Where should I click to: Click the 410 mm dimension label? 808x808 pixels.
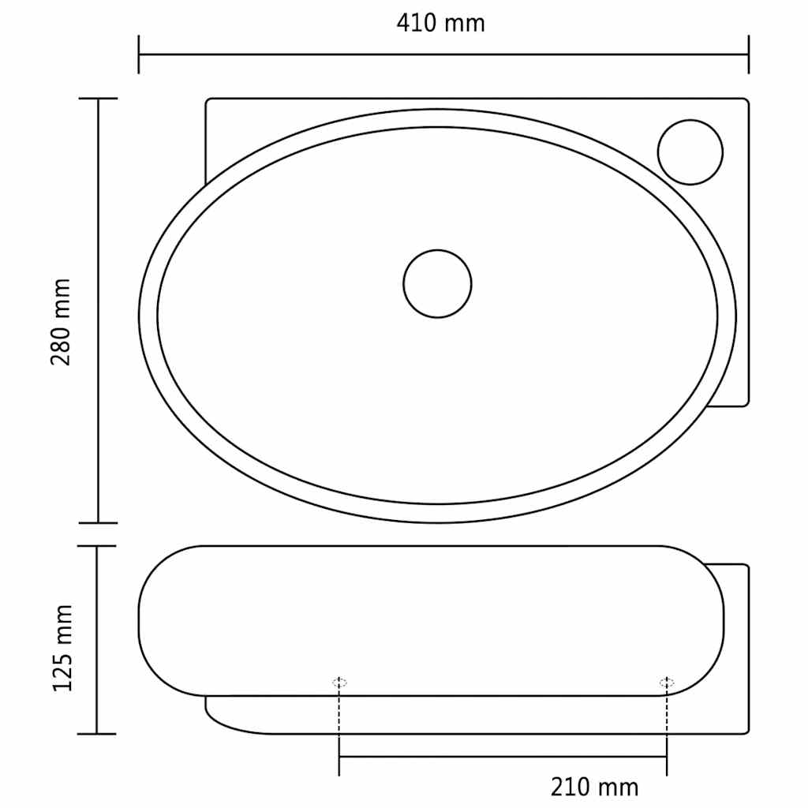point(440,23)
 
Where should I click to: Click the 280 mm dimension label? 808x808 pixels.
point(61,322)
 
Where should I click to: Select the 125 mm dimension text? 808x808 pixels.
point(62,648)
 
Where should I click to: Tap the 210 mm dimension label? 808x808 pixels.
point(594,787)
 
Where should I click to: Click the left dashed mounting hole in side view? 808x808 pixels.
point(339,683)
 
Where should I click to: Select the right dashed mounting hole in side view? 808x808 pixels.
point(667,683)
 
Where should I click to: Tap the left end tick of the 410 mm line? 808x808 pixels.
point(139,54)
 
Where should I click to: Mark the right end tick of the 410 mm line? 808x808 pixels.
point(748,54)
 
